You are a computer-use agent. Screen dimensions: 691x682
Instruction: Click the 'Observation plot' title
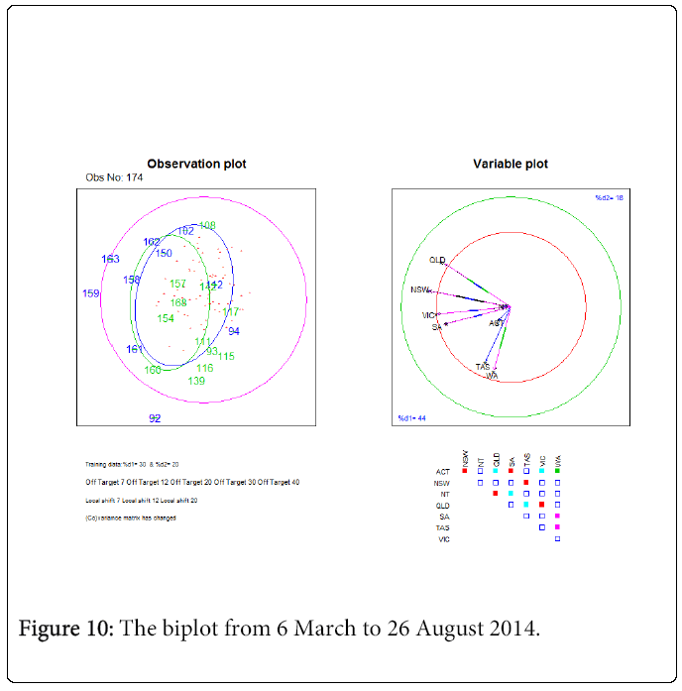pyautogui.click(x=196, y=164)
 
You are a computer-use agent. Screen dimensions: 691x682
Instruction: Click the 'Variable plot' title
pyautogui.click(x=511, y=164)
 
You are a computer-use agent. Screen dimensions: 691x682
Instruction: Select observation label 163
pyautogui.click(x=110, y=260)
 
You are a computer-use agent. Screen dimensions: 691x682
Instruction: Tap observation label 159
pyautogui.click(x=91, y=293)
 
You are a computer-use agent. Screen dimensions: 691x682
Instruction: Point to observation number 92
pyautogui.click(x=155, y=418)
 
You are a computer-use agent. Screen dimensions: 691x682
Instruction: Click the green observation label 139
pyautogui.click(x=196, y=382)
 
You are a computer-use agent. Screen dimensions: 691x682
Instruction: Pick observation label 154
pyautogui.click(x=166, y=318)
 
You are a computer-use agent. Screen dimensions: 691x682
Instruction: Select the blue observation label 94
pyautogui.click(x=234, y=331)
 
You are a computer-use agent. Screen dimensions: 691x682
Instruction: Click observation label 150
pyautogui.click(x=164, y=254)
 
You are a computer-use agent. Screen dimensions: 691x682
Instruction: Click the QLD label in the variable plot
pyautogui.click(x=437, y=260)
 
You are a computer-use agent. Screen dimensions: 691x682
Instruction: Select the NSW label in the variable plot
pyautogui.click(x=419, y=290)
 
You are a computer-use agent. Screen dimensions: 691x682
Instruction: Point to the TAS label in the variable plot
pyautogui.click(x=483, y=367)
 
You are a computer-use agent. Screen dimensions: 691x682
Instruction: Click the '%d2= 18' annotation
pyautogui.click(x=608, y=198)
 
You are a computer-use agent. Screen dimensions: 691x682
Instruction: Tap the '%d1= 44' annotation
pyautogui.click(x=411, y=418)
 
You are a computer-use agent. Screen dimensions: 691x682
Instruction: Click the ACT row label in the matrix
pyautogui.click(x=443, y=471)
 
